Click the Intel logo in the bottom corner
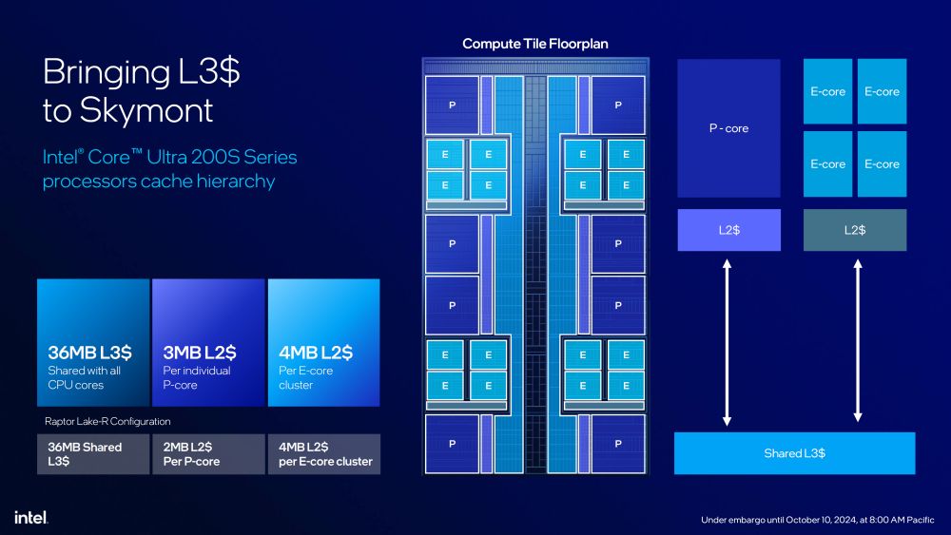tap(31, 517)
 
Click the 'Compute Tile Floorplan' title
tap(534, 44)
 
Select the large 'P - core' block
tap(728, 128)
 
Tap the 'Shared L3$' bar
tap(794, 453)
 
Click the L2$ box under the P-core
tap(728, 230)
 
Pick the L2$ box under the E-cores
tap(855, 230)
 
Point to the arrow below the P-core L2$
tap(728, 342)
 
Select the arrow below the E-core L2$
tap(858, 342)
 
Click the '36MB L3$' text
tap(89, 353)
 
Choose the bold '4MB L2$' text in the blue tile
tap(315, 353)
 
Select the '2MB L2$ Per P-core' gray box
tap(208, 454)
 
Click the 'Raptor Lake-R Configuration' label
tap(107, 421)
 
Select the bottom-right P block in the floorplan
tap(618, 443)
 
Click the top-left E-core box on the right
tap(828, 91)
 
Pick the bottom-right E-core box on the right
tap(882, 163)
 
